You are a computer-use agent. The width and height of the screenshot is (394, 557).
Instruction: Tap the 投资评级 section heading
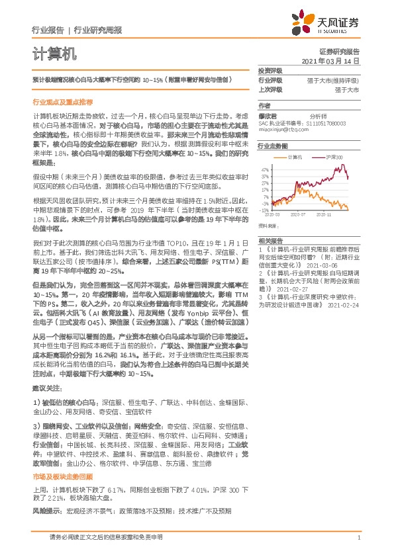click(x=270, y=70)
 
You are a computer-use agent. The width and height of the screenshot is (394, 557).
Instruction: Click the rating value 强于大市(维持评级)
click(x=335, y=79)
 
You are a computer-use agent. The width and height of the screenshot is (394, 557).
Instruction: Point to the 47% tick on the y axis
click(x=265, y=169)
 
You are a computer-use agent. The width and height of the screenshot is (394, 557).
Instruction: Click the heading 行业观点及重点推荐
click(x=62, y=103)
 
